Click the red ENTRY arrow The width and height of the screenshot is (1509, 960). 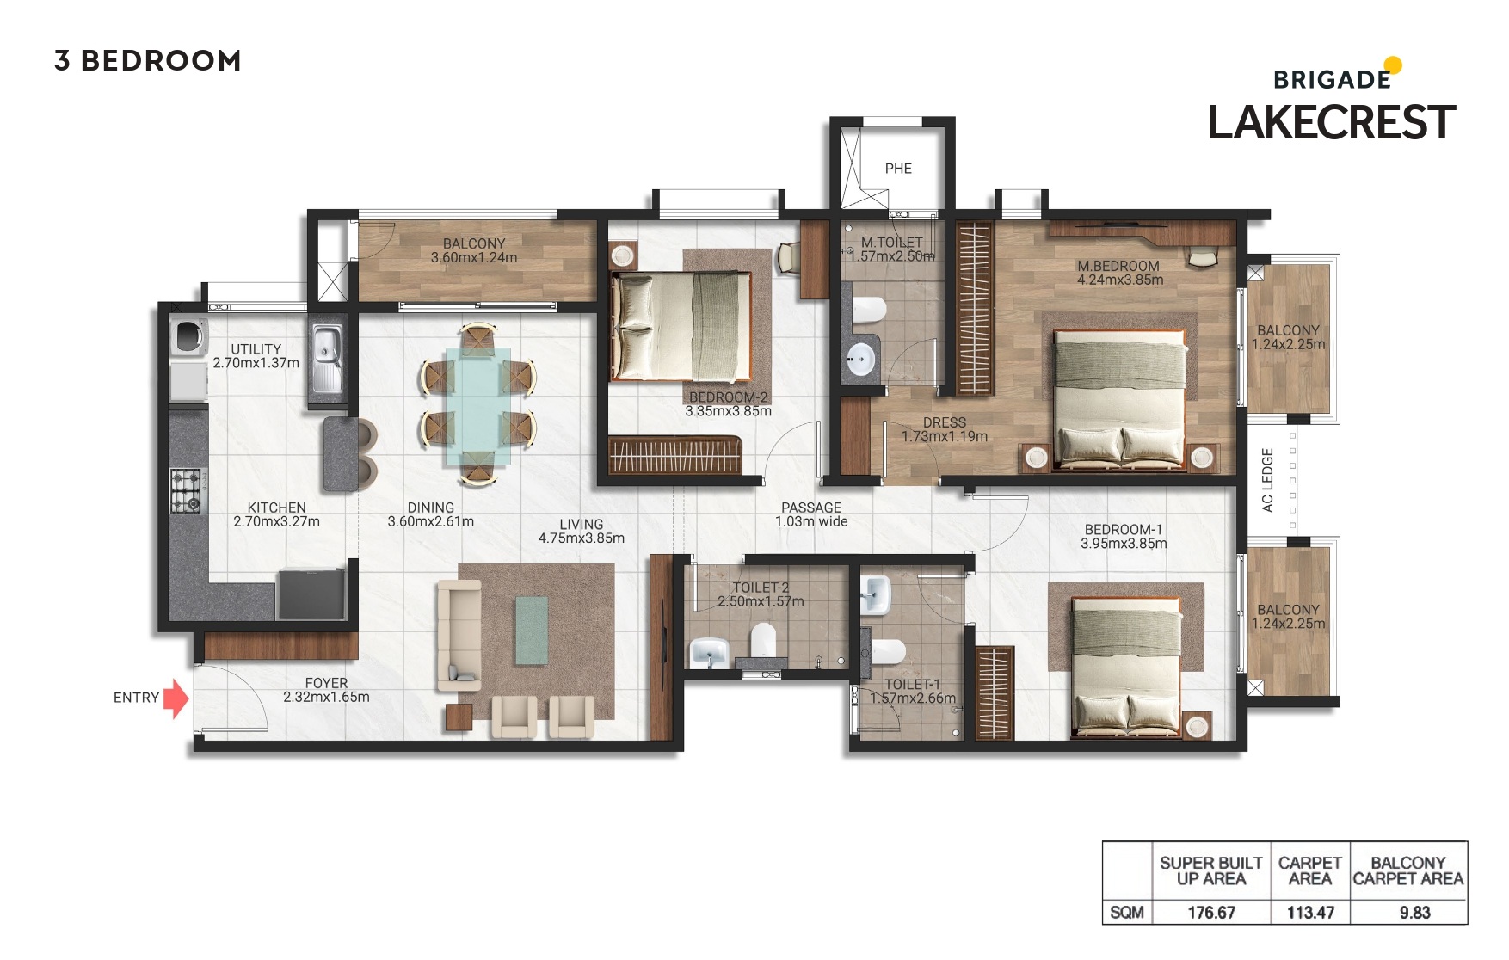(x=176, y=698)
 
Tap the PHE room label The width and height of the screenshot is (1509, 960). (x=898, y=169)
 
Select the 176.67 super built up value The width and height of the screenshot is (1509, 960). (x=1211, y=913)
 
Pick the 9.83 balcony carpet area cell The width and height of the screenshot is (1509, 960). (x=1414, y=913)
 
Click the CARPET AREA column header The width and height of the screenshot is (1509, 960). (x=1309, y=871)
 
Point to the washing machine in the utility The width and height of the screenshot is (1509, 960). (x=188, y=336)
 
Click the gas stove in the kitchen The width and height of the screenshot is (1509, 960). (x=185, y=490)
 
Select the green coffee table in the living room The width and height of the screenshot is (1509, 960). (x=531, y=631)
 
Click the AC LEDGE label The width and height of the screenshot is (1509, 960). (x=1267, y=480)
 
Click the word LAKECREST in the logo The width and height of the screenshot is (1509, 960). (x=1331, y=123)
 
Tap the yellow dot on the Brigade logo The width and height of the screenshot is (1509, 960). (x=1393, y=65)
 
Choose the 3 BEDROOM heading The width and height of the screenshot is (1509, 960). (x=147, y=61)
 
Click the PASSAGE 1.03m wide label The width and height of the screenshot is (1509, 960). (x=811, y=514)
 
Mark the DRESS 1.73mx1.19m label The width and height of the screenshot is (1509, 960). (x=944, y=429)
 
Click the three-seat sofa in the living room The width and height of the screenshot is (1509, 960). (x=459, y=635)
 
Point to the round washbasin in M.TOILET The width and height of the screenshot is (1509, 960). (x=859, y=358)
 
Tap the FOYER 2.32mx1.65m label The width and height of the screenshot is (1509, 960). (x=326, y=690)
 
